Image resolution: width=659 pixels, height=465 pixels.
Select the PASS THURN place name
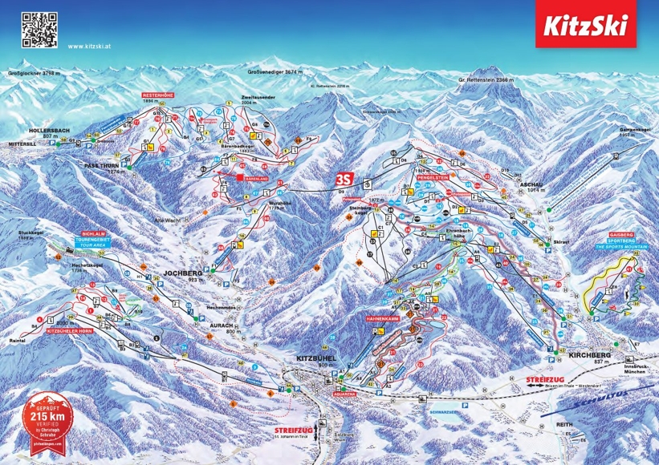tap(102, 165)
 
